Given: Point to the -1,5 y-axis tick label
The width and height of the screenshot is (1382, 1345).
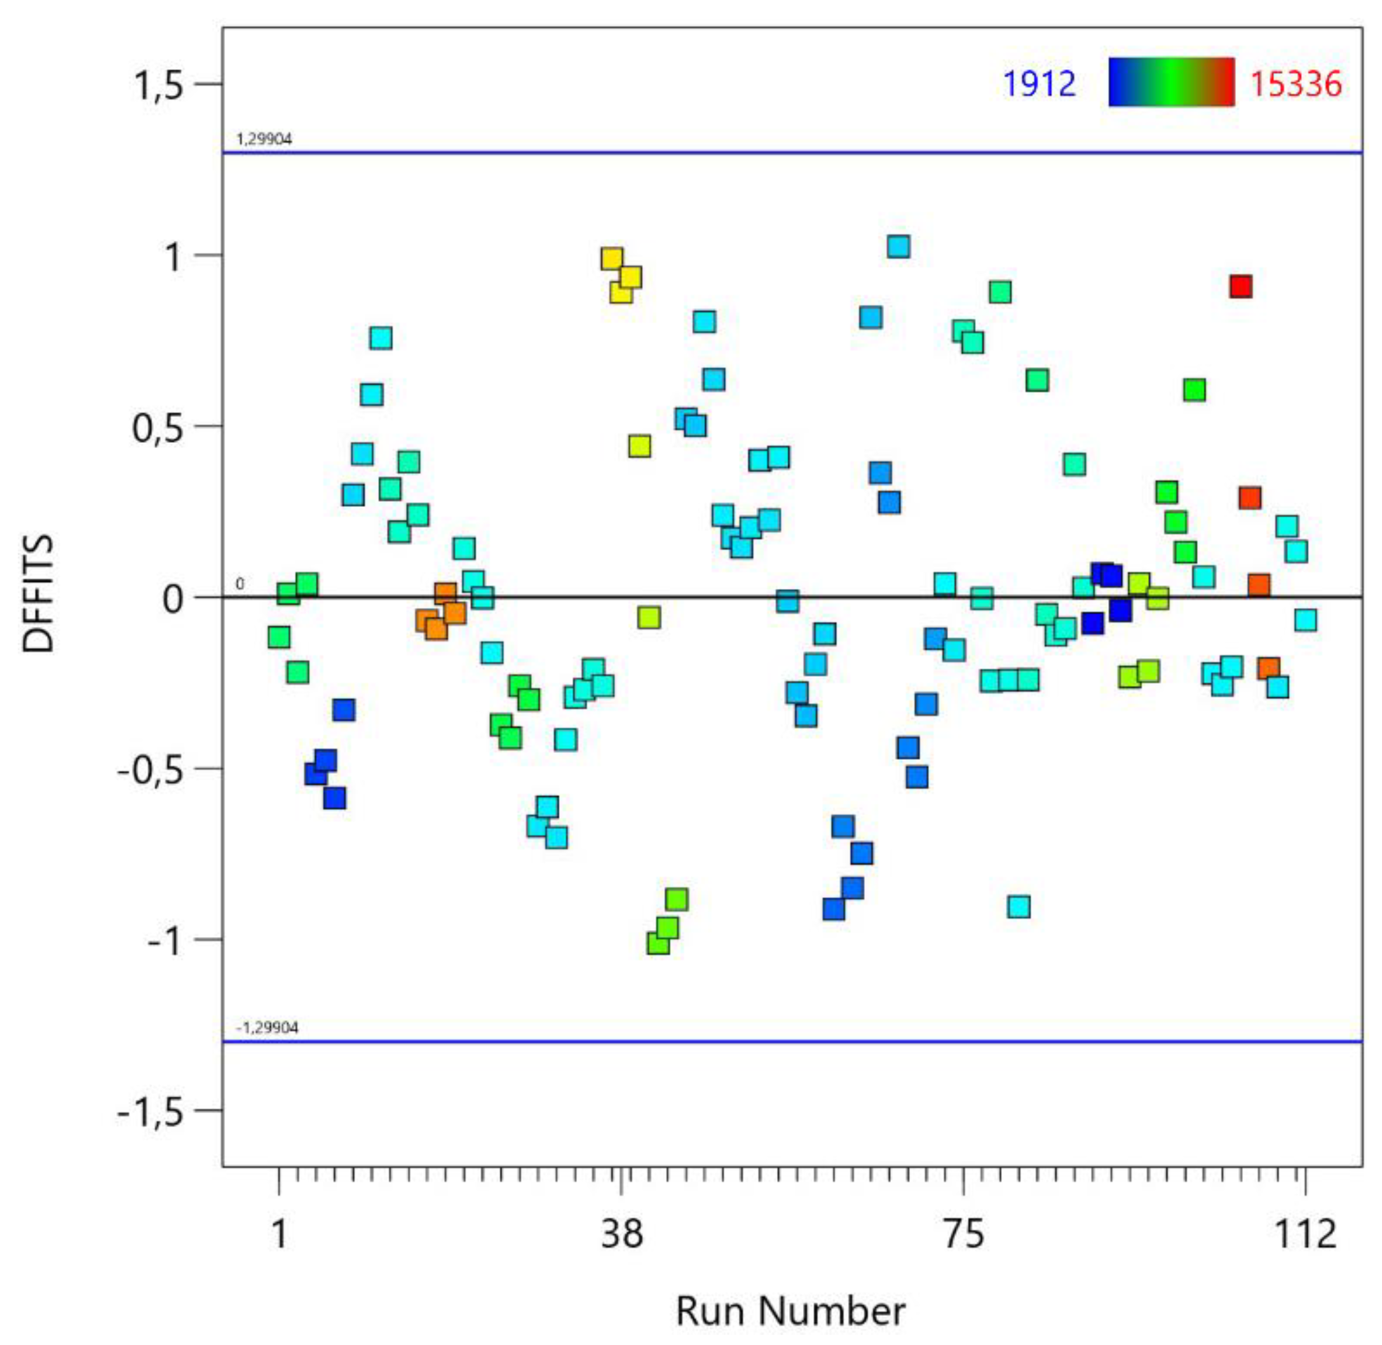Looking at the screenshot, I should click(x=149, y=1111).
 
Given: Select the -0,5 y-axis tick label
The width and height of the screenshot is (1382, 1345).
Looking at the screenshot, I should click(x=149, y=769).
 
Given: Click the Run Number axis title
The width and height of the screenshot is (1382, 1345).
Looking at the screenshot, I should click(x=790, y=1311).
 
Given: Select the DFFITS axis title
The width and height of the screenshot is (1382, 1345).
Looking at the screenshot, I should click(x=37, y=593).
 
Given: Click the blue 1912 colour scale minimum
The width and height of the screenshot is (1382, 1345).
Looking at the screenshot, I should click(x=1040, y=83).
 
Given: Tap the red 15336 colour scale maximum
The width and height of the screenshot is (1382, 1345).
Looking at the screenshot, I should click(x=1296, y=83).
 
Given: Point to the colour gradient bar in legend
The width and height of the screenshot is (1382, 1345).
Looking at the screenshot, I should click(x=1171, y=82).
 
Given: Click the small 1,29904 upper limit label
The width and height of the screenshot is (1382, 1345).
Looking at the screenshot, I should click(x=264, y=139).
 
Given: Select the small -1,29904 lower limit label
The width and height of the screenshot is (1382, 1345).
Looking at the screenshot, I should click(x=266, y=1027).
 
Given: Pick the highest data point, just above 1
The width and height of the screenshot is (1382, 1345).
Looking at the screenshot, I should click(x=898, y=247).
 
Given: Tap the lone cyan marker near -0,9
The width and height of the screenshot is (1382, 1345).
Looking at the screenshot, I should click(x=1018, y=907).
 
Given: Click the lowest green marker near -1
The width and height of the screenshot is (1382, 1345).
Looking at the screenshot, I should click(x=658, y=943).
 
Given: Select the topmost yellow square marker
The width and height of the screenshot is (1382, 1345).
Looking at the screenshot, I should click(x=612, y=259).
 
